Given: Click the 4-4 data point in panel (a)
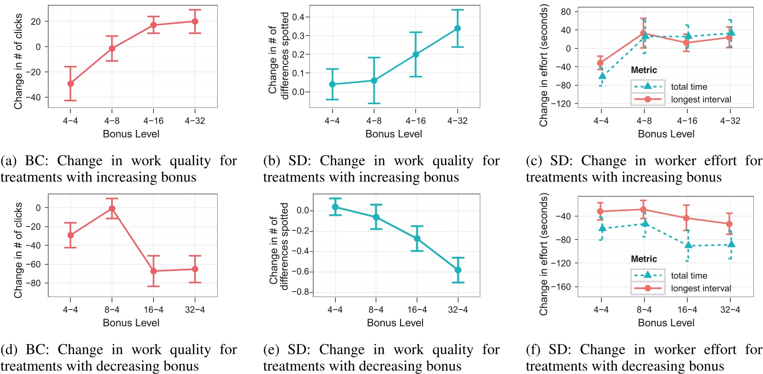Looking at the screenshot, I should coord(70,84).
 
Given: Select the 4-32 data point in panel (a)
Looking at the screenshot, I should coord(195,21).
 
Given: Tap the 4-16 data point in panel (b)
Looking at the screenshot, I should coord(415,54).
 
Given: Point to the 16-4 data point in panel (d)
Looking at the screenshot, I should coord(153,271).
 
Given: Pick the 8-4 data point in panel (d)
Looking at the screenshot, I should coord(112,209).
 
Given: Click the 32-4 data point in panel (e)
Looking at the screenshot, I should coord(458,270).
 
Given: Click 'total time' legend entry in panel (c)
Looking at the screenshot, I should coord(689,86).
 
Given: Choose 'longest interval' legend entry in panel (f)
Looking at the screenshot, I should coord(700,289).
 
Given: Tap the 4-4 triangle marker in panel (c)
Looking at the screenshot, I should coord(602,75).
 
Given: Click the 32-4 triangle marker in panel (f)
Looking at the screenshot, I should coord(731,244).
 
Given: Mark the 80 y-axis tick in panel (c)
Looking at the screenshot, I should coord(566,11).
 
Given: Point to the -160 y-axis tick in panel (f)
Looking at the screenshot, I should coord(561,287).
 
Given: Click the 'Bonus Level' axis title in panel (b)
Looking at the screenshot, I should coord(393,134).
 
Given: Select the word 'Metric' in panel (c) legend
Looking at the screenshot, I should coord(644,70).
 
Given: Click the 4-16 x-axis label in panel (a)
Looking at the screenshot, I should coord(153,121).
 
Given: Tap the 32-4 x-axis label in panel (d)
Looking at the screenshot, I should coord(195,310).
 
